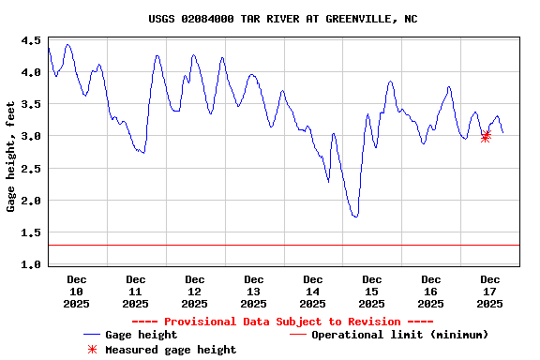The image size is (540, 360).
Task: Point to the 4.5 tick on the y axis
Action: (30, 40)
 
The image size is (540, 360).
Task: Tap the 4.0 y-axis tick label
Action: (30, 72)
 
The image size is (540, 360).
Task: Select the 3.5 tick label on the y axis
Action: (30, 104)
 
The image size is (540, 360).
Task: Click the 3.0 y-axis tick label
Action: (30, 136)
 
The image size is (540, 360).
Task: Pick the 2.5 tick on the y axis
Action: (30, 169)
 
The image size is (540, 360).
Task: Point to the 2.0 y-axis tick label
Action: (30, 201)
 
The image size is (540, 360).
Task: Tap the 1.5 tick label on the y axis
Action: (30, 232)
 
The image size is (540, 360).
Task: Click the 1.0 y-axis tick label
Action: (30, 264)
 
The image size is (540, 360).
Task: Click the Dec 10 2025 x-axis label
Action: (77, 291)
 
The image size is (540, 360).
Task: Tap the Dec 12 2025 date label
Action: (195, 291)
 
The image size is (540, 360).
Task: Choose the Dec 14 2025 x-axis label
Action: (313, 291)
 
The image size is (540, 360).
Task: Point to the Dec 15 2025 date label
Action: (372, 291)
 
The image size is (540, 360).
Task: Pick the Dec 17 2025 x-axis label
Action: (490, 291)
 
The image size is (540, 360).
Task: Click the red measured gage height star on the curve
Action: (486, 136)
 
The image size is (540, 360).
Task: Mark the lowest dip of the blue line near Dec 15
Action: (355, 217)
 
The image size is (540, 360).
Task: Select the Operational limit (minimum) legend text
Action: (399, 335)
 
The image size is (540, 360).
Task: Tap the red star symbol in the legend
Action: (92, 350)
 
